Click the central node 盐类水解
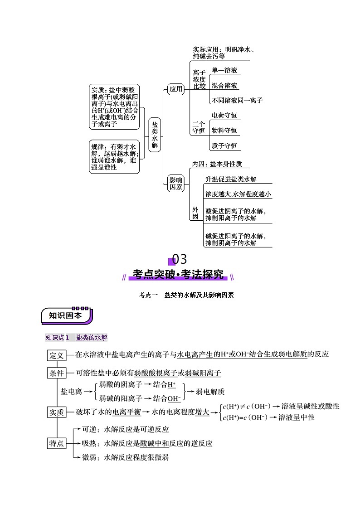[155, 135]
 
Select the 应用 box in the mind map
[175, 89]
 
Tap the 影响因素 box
[176, 183]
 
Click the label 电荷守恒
[224, 116]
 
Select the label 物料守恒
[224, 131]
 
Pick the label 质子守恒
[224, 146]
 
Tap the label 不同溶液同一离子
[237, 101]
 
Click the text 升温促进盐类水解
[231, 179]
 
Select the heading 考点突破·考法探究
[178, 275]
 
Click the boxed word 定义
[57, 355]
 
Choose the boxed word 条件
[57, 373]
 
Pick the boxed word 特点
[57, 443]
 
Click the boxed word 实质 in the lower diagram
[57, 412]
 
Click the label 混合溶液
[224, 86]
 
